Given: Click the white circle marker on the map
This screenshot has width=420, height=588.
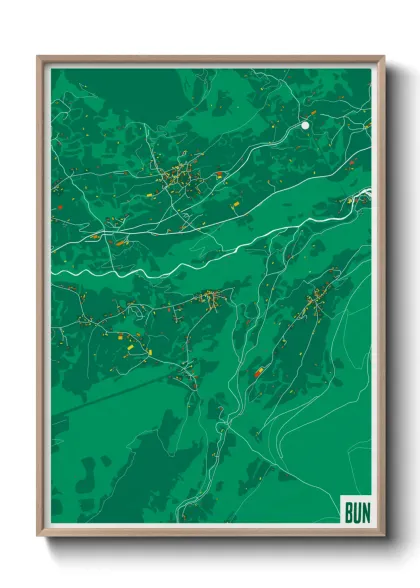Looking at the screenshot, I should [x=305, y=126].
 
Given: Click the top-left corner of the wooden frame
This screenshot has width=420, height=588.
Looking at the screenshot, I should [x=39, y=57].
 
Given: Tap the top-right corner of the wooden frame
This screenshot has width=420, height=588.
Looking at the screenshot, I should [x=384, y=57].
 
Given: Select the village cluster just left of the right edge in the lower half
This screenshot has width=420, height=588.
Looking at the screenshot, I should [x=318, y=298].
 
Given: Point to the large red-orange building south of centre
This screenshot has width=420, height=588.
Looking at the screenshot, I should [x=258, y=372].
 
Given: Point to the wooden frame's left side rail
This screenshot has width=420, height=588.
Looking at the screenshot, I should [x=41, y=300].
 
